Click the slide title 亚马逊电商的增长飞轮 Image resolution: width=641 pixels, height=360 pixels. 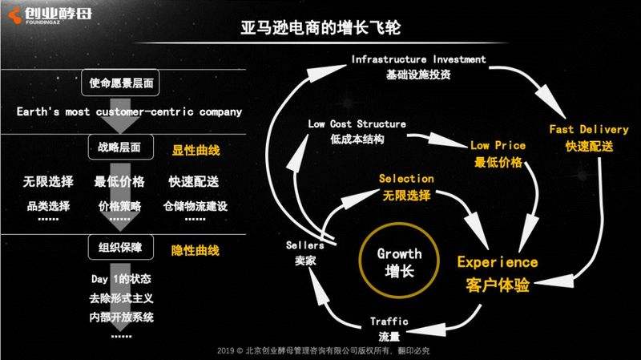coord(320,28)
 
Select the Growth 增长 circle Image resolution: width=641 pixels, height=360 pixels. coord(399,261)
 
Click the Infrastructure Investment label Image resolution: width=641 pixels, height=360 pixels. coord(418,67)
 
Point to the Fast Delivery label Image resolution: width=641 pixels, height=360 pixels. coord(588,137)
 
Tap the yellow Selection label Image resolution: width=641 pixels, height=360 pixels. coord(406,186)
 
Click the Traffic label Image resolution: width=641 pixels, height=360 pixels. coord(389,327)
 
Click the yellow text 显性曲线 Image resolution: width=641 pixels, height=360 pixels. coord(195,149)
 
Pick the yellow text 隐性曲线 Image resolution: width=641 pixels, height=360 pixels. coord(195,250)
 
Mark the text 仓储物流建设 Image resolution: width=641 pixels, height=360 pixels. coord(195,206)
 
